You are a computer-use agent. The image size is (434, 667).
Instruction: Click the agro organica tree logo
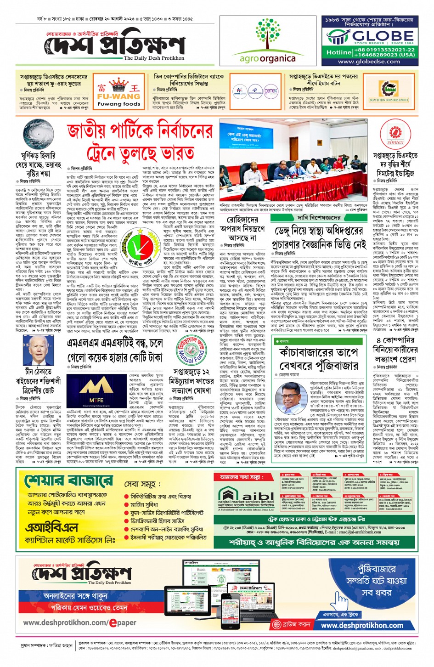click(268, 35)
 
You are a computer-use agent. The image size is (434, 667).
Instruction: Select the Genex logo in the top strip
click(271, 91)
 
